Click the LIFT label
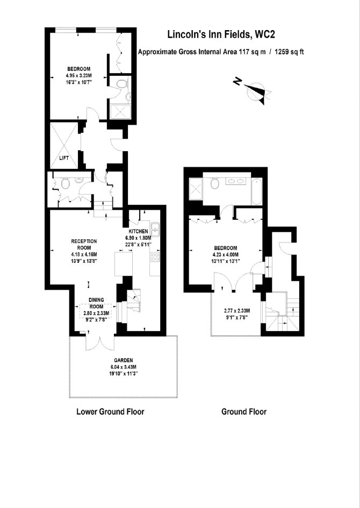64,159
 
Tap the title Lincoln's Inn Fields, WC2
221,34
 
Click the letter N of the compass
237,82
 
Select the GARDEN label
124,360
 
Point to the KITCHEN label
138,231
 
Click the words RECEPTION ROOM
84,244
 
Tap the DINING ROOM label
96,304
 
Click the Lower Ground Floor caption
110,412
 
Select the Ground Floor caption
244,412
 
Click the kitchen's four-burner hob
155,257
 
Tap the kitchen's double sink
155,228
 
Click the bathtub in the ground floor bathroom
256,191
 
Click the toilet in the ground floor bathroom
214,184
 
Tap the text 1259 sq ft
289,52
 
